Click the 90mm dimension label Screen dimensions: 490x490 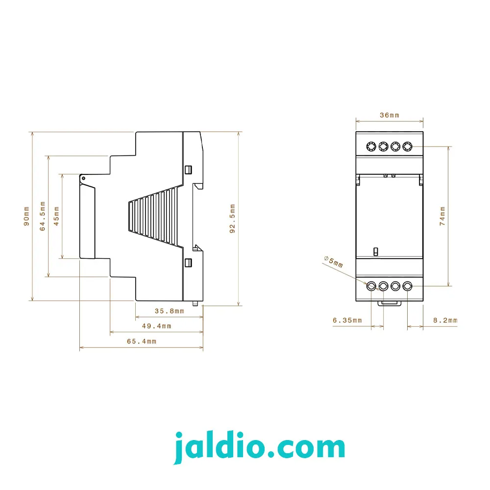(x=26, y=216)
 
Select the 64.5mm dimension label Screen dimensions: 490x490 (x=43, y=216)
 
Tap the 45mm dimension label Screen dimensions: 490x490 (x=56, y=216)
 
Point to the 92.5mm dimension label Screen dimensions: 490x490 (x=232, y=219)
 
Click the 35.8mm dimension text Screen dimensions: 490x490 (x=170, y=311)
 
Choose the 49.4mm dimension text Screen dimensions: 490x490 (x=157, y=326)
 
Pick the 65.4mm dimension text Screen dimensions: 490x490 (x=142, y=341)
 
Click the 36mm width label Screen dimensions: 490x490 (x=390, y=115)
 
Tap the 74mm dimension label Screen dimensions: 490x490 (x=442, y=216)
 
